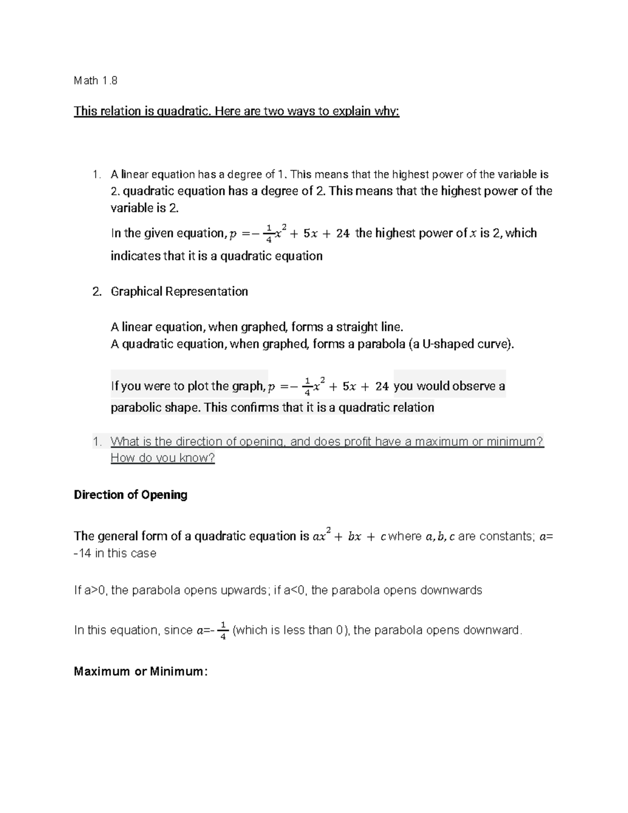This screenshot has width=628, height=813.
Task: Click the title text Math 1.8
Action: [x=95, y=81]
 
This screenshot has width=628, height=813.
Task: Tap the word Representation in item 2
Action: [x=207, y=292]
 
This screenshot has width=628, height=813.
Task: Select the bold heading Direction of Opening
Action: [x=130, y=495]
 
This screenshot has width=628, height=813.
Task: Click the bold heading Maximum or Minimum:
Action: [x=141, y=672]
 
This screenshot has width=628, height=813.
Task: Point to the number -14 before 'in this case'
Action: [x=83, y=553]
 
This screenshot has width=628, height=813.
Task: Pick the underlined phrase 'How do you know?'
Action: [x=163, y=458]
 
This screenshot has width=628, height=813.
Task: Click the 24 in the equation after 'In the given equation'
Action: [x=343, y=233]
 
